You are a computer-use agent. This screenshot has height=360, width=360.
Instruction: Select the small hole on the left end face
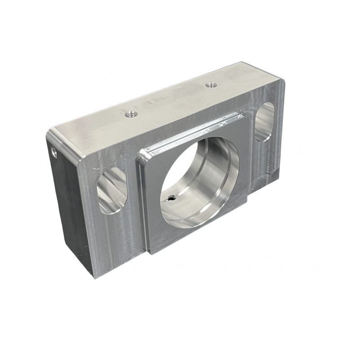pyautogui.click(x=54, y=153)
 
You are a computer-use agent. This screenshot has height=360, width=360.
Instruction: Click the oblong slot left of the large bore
pyautogui.click(x=111, y=190)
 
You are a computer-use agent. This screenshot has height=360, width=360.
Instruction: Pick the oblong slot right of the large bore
pyautogui.click(x=266, y=121)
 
